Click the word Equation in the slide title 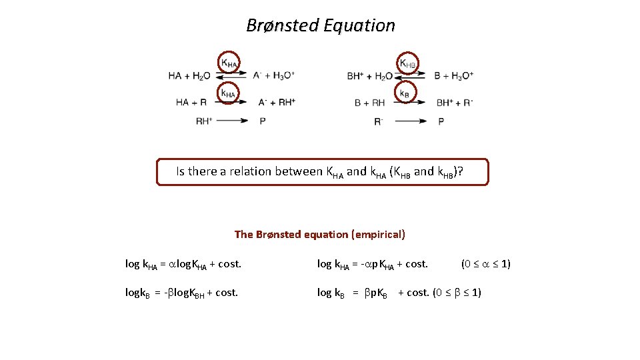[x=359, y=25]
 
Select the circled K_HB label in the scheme [x=407, y=63]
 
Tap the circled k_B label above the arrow [x=405, y=93]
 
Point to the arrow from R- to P [x=411, y=121]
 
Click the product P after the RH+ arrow [x=263, y=121]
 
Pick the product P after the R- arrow [x=441, y=121]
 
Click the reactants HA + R [x=191, y=102]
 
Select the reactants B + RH [x=370, y=102]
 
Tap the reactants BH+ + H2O [x=370, y=76]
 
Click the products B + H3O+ [x=453, y=76]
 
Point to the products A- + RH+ [x=277, y=102]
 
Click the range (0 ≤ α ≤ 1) [x=486, y=263]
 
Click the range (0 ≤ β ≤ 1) [x=457, y=292]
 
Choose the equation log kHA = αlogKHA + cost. [x=183, y=264]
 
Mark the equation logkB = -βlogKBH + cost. [x=181, y=293]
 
